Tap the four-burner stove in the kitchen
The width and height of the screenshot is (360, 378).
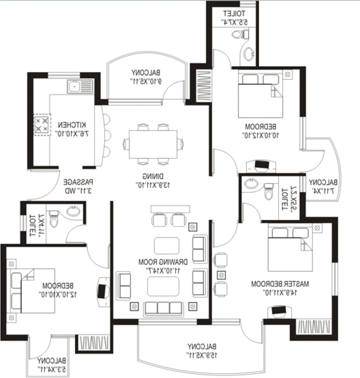[x=41, y=125]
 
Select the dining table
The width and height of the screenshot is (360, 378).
[x=153, y=144]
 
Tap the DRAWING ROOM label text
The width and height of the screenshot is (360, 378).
[x=163, y=266]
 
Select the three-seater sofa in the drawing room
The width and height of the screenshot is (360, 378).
[x=164, y=308]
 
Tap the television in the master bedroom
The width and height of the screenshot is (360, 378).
[x=279, y=311]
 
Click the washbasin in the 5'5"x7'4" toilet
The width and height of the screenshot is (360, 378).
[x=248, y=55]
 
